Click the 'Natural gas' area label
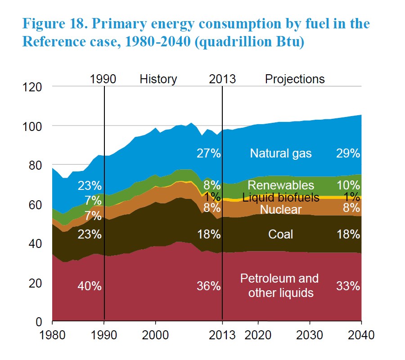tap(280, 153)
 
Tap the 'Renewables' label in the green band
tap(280, 185)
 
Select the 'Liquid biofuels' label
tap(280, 197)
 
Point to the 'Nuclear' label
tap(280, 209)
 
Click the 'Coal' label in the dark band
tap(280, 234)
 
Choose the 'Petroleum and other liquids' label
tap(279, 285)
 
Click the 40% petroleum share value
tap(90, 286)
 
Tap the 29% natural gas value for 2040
tap(348, 153)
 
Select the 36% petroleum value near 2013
tap(209, 286)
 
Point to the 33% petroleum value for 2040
tap(348, 286)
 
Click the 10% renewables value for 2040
tap(348, 185)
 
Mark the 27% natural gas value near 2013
tap(209, 153)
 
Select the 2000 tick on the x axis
tap(156, 335)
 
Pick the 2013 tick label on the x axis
tap(222, 335)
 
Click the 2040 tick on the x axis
tap(361, 335)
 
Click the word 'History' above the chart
tap(158, 79)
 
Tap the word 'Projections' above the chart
tap(295, 79)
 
